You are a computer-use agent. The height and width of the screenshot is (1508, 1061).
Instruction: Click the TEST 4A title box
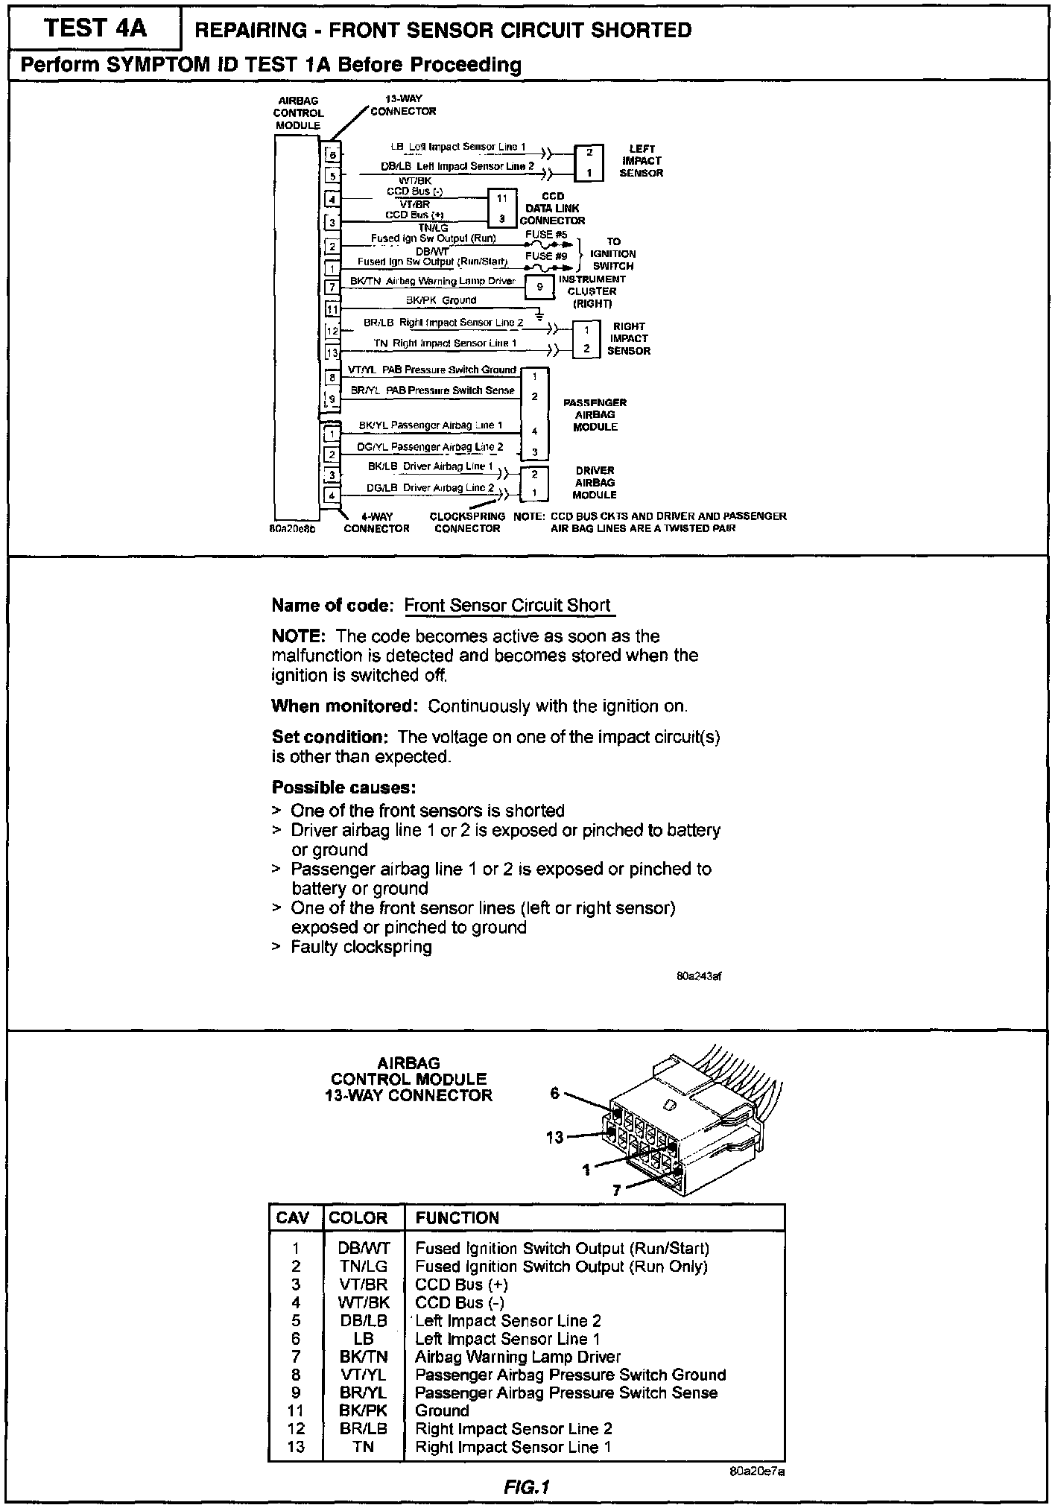95,28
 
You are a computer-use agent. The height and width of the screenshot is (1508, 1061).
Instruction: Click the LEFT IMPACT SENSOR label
641,161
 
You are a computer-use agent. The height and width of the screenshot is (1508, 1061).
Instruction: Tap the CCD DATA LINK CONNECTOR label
552,209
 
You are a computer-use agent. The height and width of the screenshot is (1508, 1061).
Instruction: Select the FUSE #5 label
545,234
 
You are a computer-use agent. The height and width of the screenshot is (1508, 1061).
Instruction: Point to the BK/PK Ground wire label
440,300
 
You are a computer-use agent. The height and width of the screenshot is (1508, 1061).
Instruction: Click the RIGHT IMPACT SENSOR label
629,338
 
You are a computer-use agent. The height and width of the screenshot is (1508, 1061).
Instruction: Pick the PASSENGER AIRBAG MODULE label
595,414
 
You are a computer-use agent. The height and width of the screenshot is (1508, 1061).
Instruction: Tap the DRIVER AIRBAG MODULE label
595,483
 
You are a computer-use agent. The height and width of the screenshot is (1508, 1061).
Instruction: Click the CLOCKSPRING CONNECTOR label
467,522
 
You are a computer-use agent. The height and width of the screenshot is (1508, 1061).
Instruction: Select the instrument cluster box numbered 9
540,286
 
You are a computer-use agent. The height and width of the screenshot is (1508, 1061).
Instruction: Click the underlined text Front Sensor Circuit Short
507,606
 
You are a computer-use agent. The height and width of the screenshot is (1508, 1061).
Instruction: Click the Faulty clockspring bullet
361,947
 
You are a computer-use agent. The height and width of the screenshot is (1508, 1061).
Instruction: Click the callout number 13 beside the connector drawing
555,1138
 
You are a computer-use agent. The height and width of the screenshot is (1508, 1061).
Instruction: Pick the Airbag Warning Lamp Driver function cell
518,1357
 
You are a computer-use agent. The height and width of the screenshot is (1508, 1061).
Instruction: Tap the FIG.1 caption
527,1487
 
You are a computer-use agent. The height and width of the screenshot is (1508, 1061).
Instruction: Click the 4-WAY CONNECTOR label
376,522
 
